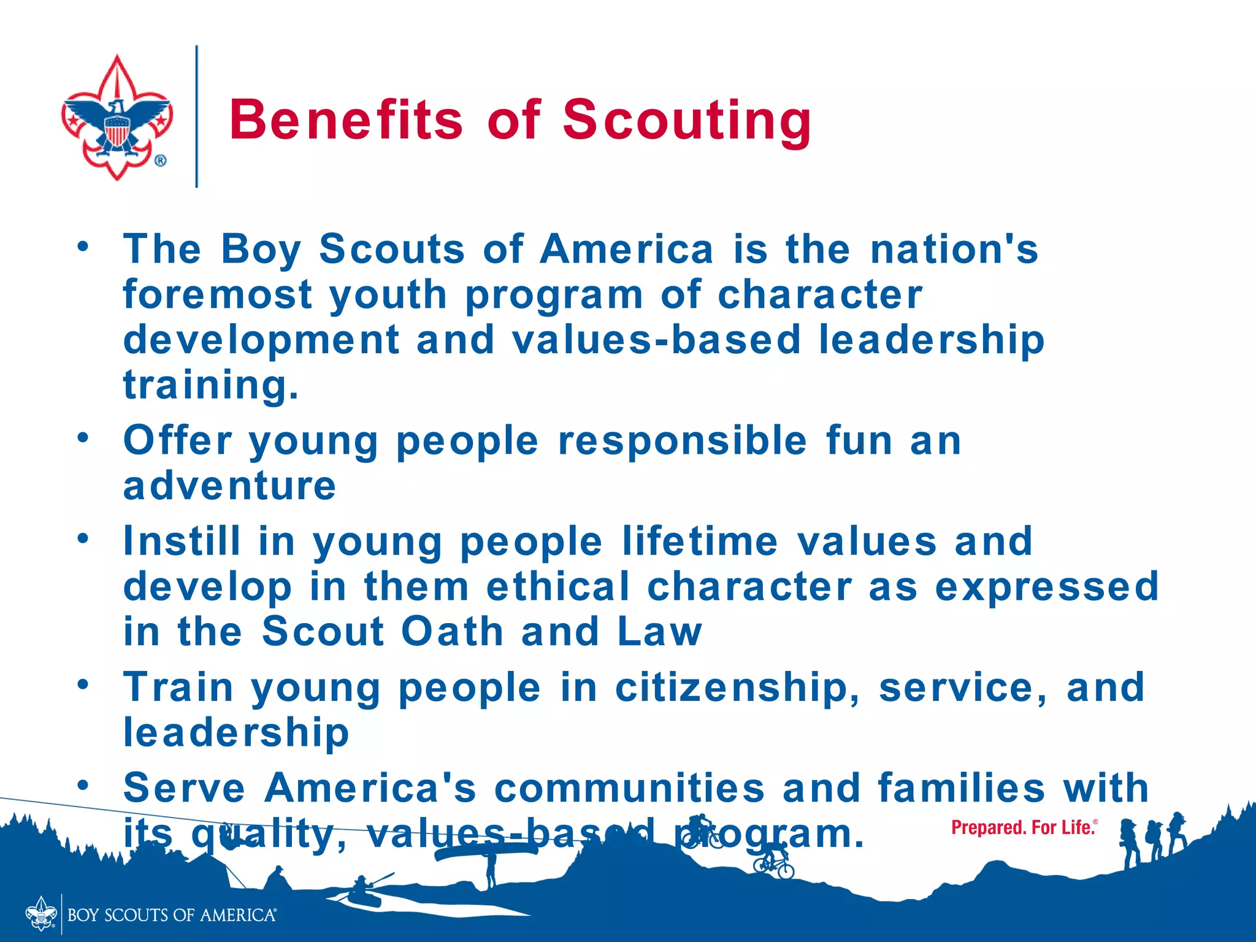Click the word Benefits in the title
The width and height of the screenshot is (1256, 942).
point(346,120)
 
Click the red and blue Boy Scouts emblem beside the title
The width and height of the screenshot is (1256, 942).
point(117,117)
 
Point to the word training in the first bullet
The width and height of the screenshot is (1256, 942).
point(210,385)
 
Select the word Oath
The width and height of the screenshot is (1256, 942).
point(452,632)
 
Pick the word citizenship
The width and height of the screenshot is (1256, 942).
point(738,687)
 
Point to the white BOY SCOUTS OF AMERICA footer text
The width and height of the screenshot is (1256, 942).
point(172,915)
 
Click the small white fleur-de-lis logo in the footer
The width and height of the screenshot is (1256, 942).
point(41,914)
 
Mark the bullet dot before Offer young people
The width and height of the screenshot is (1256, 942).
point(83,437)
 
